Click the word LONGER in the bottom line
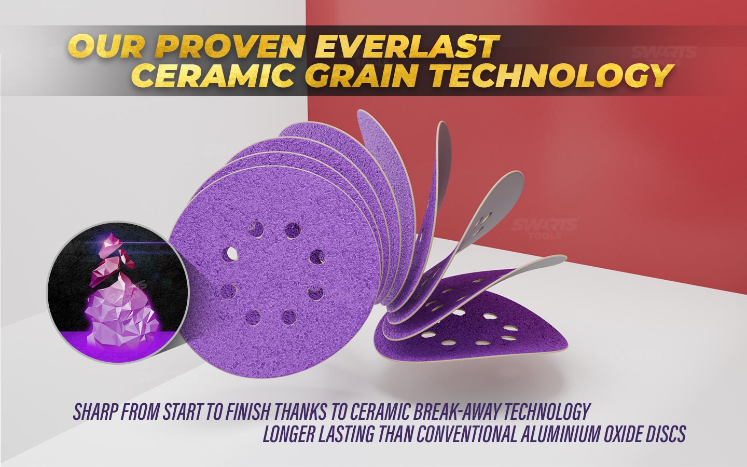[286, 434]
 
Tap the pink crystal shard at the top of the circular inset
[112, 242]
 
